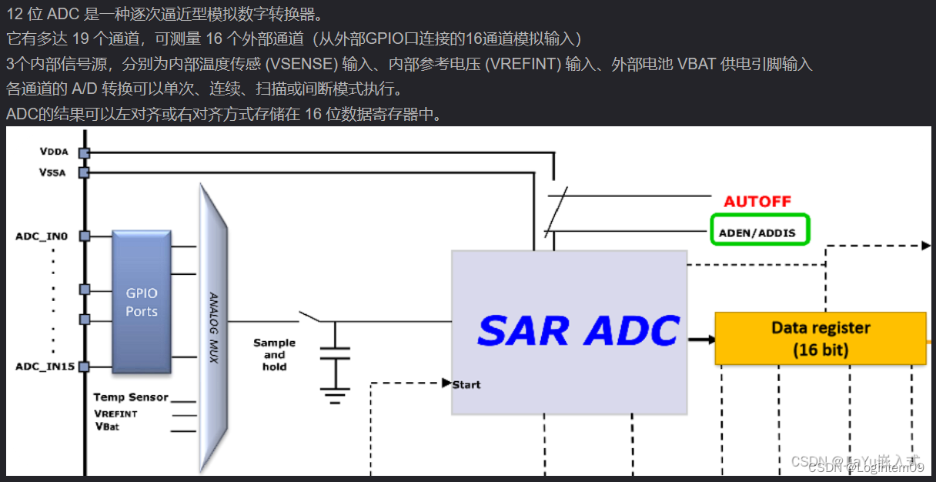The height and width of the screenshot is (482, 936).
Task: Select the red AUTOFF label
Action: [757, 202]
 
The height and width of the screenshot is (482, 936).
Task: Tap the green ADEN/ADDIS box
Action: [759, 229]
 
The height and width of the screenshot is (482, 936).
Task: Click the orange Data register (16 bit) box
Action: [821, 339]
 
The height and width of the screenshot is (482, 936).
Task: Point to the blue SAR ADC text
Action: [578, 330]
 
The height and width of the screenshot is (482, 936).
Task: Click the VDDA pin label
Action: [54, 152]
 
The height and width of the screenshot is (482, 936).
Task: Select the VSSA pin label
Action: [52, 172]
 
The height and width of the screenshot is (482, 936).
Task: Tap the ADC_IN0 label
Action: [42, 236]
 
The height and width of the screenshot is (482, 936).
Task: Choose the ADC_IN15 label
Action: [45, 367]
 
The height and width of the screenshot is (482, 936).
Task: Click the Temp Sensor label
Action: [131, 397]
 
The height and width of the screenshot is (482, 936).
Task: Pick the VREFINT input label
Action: [116, 413]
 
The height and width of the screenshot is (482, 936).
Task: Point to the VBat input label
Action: [107, 426]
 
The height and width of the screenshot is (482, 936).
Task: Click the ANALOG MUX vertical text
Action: [214, 327]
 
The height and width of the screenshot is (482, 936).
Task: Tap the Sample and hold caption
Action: [274, 355]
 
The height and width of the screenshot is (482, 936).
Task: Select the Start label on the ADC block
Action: [466, 384]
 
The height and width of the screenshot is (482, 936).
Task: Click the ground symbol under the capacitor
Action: [334, 397]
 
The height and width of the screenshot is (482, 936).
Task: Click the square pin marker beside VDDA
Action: [84, 152]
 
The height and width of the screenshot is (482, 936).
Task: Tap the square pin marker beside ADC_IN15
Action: [84, 367]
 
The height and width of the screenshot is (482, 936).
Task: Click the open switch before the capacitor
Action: [309, 316]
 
